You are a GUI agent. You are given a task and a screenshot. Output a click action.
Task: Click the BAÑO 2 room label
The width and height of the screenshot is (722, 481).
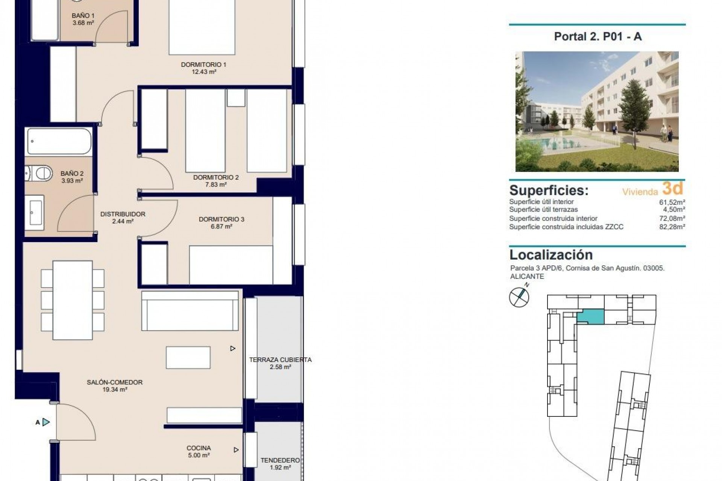coord(72,174)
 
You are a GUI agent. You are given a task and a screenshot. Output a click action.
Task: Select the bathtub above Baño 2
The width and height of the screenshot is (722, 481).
coord(59,141)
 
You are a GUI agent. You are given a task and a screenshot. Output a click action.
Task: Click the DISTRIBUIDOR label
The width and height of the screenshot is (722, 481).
coord(123,214)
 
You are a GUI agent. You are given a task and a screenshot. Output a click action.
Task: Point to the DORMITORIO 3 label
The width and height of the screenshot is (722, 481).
coord(221,219)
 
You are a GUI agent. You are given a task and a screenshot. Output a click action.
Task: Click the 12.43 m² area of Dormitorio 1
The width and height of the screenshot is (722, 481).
coord(203,72)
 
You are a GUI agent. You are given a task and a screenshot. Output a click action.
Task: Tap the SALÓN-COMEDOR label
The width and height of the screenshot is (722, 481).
coord(115,382)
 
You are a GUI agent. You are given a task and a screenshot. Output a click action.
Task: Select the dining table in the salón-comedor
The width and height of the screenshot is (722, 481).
coord(73,300)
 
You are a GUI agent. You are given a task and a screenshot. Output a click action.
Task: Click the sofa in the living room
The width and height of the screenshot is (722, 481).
coord(190,311)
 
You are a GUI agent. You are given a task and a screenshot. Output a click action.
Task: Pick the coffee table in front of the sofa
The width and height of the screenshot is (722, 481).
coord(188,357)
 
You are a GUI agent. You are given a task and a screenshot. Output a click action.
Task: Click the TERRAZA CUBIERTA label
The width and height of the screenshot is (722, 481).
coord(280,360)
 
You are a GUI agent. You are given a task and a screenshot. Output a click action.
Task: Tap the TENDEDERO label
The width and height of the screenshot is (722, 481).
coord(280,460)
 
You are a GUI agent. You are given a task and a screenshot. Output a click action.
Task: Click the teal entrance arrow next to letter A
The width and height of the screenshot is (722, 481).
coord(46,422)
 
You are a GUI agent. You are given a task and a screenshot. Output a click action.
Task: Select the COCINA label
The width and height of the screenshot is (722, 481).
coord(199,448)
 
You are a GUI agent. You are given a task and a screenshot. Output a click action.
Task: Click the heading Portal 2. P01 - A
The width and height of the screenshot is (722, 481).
coord(598,36)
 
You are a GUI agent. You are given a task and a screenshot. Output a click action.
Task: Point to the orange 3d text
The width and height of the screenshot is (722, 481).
coord(672,188)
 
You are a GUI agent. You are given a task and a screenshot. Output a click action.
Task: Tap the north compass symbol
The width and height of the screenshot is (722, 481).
coord(519,297)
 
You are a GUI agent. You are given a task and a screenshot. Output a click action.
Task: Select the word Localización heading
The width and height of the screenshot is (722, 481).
coord(551,255)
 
